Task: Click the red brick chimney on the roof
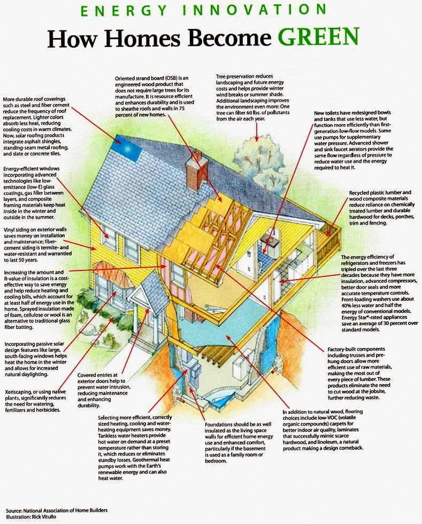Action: pos(196,170)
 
